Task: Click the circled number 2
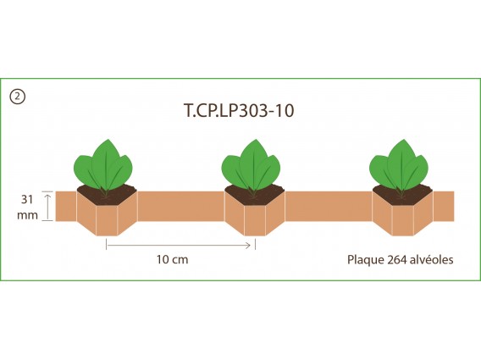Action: (x=17, y=97)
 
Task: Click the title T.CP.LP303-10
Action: (x=239, y=110)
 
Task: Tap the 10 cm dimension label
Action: (x=173, y=259)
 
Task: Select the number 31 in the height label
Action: (x=27, y=200)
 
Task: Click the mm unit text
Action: (x=27, y=215)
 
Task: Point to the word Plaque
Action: (x=366, y=260)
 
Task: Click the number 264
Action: (x=397, y=260)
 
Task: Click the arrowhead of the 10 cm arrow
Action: (x=248, y=245)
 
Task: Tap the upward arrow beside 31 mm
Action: (x=47, y=206)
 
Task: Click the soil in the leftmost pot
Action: (x=107, y=197)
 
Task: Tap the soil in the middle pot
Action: (x=255, y=197)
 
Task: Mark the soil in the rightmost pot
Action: (x=402, y=197)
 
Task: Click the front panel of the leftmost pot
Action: (x=107, y=221)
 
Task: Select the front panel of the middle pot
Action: (x=255, y=221)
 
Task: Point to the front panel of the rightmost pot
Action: (x=402, y=221)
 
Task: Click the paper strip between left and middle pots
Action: (x=180, y=206)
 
